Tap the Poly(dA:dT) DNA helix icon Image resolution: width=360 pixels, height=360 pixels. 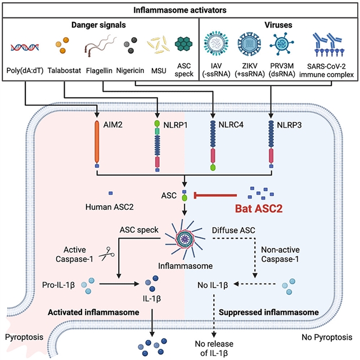click(x=23, y=44)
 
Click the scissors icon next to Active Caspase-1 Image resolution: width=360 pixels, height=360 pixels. click(x=105, y=254)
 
